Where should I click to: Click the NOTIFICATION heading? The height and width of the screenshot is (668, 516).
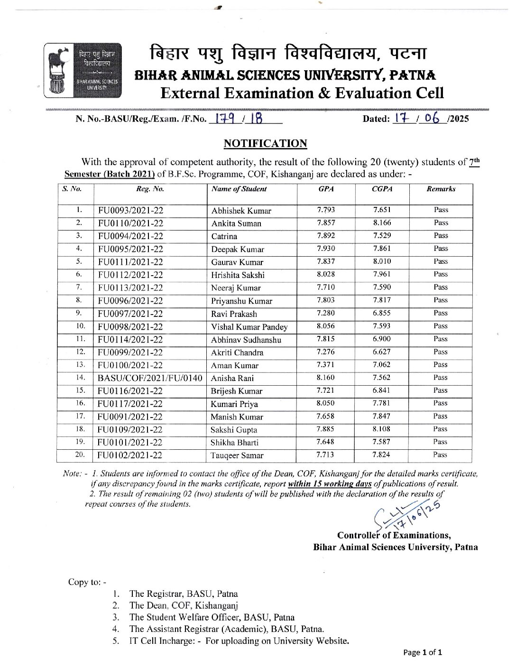tap(265, 143)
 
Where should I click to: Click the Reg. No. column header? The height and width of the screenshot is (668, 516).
tap(150, 189)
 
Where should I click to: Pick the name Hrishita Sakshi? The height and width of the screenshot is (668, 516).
tap(238, 275)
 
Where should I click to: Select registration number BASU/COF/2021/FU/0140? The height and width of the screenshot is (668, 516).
tap(149, 378)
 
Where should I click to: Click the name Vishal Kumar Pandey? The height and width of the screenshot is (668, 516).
tap(249, 327)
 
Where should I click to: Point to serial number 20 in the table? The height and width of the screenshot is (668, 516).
tap(80, 455)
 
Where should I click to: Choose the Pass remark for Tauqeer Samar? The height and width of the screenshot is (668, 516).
tap(440, 455)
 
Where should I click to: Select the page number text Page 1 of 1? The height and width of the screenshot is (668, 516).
tap(423, 653)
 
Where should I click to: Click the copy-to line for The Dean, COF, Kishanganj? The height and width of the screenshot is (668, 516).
tap(184, 606)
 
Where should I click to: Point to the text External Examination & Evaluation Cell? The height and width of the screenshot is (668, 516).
tap(303, 93)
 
